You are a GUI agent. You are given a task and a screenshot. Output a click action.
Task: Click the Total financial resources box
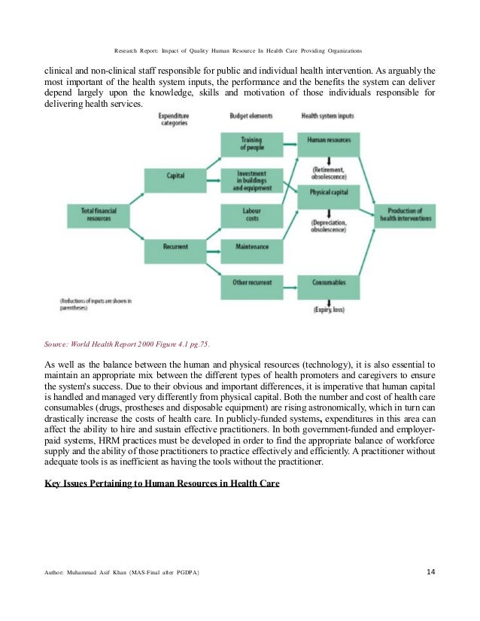99,214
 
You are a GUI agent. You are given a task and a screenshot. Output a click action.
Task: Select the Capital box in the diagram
175,176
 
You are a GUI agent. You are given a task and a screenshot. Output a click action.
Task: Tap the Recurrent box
175,246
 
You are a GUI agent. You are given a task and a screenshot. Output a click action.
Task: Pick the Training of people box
251,143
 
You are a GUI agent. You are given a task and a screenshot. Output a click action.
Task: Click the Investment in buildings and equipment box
251,180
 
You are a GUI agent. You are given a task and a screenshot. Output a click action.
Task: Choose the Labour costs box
251,215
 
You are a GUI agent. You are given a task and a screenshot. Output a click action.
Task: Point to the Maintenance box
251,246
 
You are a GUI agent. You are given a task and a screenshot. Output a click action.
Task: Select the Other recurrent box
251,283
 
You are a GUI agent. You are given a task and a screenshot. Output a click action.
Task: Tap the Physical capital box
328,193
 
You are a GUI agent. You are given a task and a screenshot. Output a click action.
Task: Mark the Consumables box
328,283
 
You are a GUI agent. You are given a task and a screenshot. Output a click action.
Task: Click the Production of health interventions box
406,214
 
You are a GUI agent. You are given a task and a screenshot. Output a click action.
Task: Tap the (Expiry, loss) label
328,309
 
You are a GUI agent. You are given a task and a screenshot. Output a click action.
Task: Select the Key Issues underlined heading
162,483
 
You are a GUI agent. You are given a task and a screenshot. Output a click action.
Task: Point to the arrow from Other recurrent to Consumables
289,283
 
